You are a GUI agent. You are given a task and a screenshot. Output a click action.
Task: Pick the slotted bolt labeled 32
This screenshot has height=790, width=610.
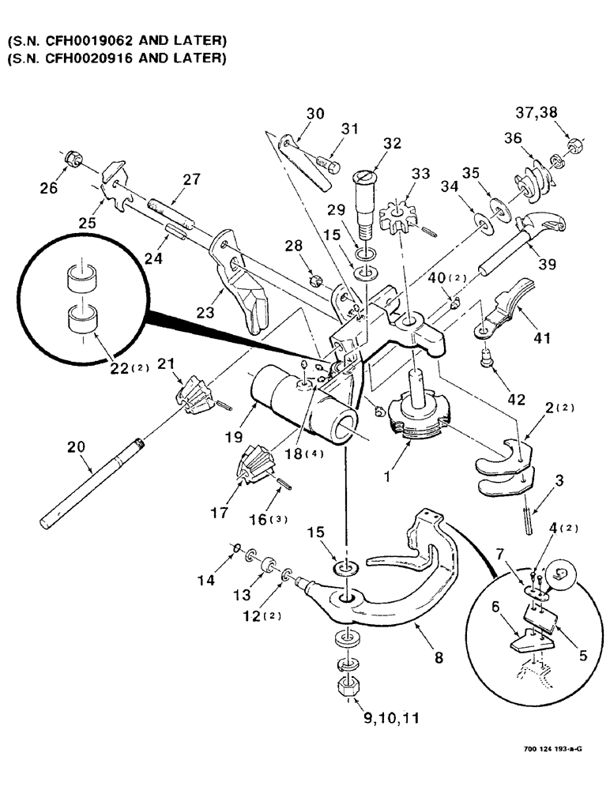pyautogui.click(x=368, y=198)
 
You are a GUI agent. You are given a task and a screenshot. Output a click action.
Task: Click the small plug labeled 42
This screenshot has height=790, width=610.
pyautogui.click(x=487, y=361)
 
